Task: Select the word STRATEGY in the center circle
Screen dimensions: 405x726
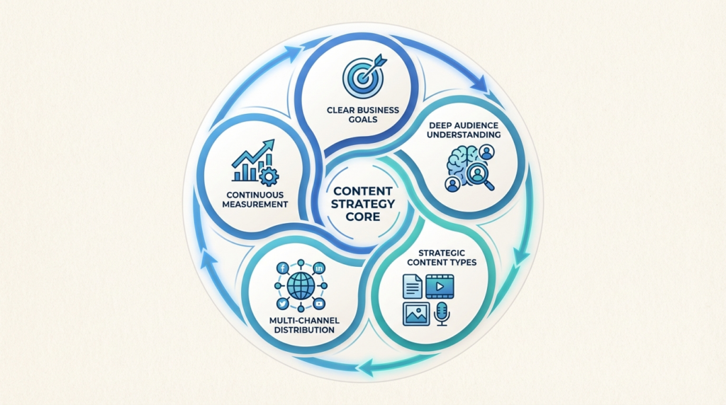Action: tap(363, 203)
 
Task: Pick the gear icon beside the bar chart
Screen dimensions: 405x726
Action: tap(269, 175)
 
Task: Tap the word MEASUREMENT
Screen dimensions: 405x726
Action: tap(253, 205)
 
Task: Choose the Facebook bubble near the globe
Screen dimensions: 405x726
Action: tap(284, 268)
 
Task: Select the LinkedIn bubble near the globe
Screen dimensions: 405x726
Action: tap(319, 268)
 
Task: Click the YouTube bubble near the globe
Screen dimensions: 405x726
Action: tap(319, 303)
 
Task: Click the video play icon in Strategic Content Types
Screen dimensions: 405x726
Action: tap(440, 286)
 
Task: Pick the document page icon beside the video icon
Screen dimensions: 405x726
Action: tap(411, 286)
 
